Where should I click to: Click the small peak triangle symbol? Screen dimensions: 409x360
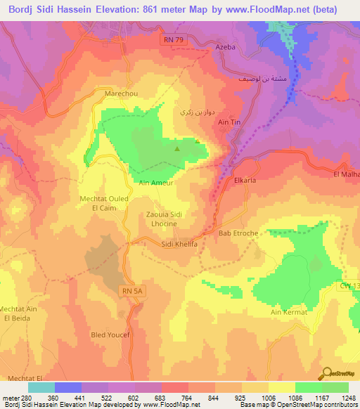(x=177, y=148)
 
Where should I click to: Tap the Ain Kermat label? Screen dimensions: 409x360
(x=289, y=311)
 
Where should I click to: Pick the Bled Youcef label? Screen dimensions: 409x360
(x=110, y=335)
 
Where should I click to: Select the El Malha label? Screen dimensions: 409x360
(x=346, y=174)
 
